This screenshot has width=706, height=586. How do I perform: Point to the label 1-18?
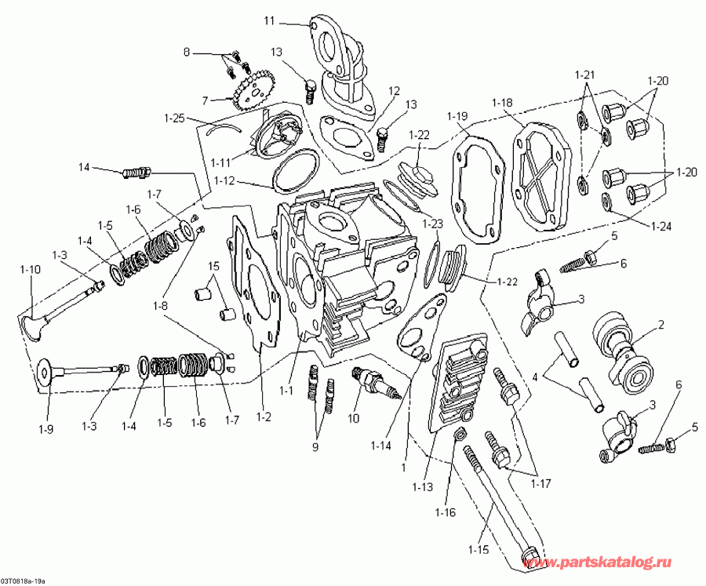[x=502, y=104]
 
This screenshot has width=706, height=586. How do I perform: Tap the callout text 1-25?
[x=175, y=118]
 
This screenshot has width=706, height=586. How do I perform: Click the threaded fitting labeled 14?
[x=137, y=172]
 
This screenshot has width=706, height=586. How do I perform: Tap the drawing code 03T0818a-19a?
[x=24, y=581]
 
